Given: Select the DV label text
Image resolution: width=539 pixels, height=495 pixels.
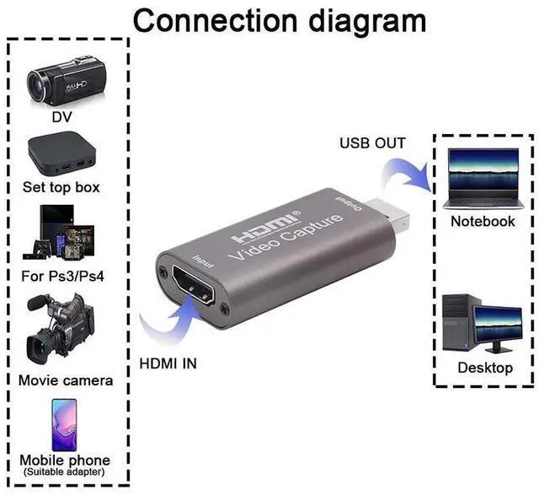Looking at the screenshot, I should pyautogui.click(x=61, y=117).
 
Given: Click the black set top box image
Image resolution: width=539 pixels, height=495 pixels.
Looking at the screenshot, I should pyautogui.click(x=61, y=153).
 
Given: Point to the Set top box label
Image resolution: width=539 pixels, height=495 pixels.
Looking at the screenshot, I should pyautogui.click(x=61, y=187).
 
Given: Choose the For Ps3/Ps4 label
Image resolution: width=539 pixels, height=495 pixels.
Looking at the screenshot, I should pyautogui.click(x=61, y=276).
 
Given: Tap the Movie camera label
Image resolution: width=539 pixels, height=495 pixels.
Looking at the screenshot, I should pyautogui.click(x=65, y=379).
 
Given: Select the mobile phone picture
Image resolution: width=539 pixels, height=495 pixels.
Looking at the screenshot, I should pyautogui.click(x=64, y=423).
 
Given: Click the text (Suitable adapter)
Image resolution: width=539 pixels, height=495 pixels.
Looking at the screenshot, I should pyautogui.click(x=65, y=472).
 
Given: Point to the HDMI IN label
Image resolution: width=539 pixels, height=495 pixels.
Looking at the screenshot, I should pyautogui.click(x=168, y=365).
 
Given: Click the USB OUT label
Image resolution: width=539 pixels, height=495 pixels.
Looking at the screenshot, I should pyautogui.click(x=372, y=143).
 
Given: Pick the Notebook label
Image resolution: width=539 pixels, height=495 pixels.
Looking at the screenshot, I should pyautogui.click(x=483, y=221).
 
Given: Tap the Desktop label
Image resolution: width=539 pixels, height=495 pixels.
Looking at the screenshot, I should pyautogui.click(x=485, y=368).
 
